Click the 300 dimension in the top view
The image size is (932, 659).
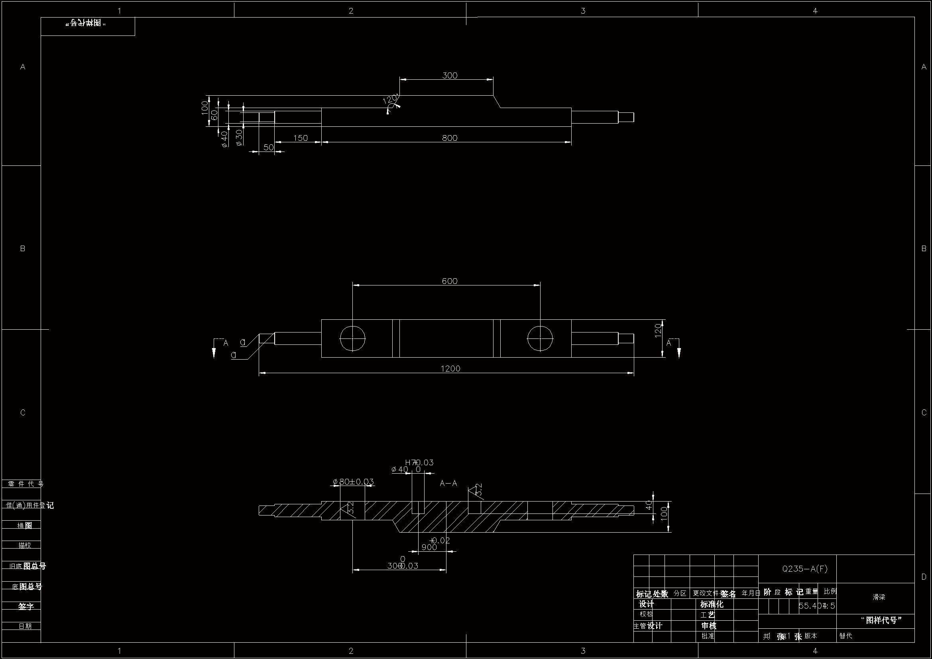click(449, 75)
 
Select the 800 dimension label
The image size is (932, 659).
click(449, 138)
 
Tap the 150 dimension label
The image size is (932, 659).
click(301, 138)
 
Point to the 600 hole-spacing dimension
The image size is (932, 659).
click(449, 281)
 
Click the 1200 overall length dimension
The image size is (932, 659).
click(450, 369)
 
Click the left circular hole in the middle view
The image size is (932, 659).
click(352, 338)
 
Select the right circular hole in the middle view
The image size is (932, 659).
click(540, 338)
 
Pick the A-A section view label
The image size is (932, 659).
click(448, 483)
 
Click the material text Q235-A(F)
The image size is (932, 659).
click(804, 569)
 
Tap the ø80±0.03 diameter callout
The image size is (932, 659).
click(353, 482)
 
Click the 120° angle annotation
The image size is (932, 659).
click(390, 100)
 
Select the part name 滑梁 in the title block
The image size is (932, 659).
click(879, 597)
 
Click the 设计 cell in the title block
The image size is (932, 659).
click(647, 604)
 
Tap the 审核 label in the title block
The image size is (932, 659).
click(709, 626)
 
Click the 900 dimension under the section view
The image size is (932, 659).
click(429, 547)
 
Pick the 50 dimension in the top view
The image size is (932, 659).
click(268, 148)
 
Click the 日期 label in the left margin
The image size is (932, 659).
click(25, 626)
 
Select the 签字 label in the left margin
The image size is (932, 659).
click(25, 606)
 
